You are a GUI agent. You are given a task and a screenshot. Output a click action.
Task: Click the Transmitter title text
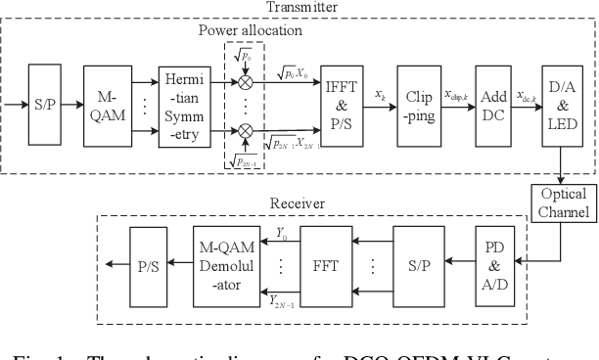pos(301,7)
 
